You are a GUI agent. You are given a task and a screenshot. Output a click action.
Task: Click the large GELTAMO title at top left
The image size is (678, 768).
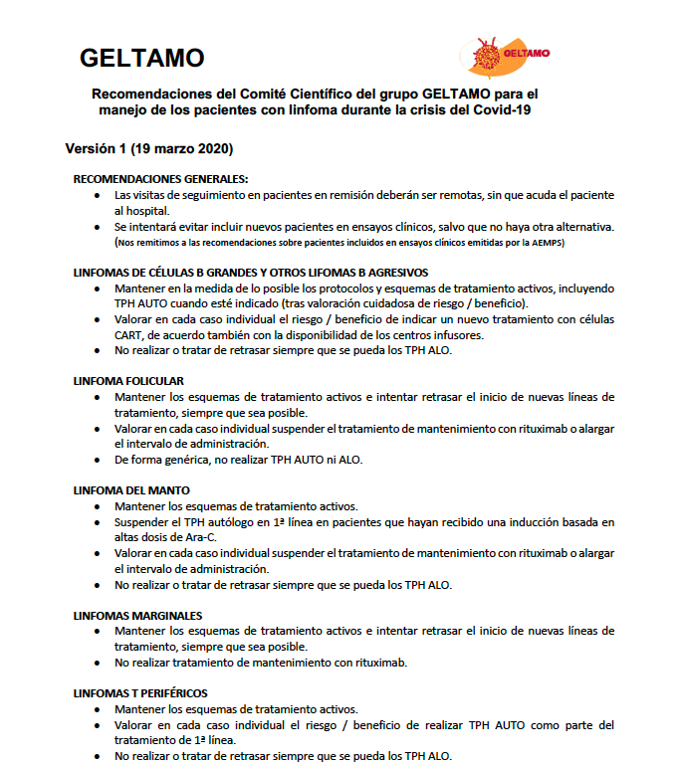click(x=141, y=57)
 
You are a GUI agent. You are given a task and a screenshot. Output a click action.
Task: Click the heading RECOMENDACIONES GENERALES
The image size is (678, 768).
click(x=160, y=179)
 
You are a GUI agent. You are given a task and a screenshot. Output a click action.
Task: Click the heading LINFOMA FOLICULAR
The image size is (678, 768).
click(x=128, y=381)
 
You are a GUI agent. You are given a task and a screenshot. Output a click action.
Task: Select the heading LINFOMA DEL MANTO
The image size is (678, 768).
click(x=131, y=490)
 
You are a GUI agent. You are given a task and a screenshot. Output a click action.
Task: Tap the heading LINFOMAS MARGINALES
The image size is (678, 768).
click(x=138, y=616)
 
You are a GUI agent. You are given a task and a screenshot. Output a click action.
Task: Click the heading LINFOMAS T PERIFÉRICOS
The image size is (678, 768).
click(x=140, y=693)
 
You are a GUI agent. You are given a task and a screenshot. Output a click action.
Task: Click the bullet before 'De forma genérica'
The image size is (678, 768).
click(x=96, y=460)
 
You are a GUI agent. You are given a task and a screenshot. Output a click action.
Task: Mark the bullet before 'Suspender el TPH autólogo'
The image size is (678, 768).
click(x=96, y=522)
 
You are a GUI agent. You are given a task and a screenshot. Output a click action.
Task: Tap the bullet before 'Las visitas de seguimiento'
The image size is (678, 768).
click(x=96, y=196)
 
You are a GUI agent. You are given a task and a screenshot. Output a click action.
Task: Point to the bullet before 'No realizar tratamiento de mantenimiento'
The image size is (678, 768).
click(x=96, y=663)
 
